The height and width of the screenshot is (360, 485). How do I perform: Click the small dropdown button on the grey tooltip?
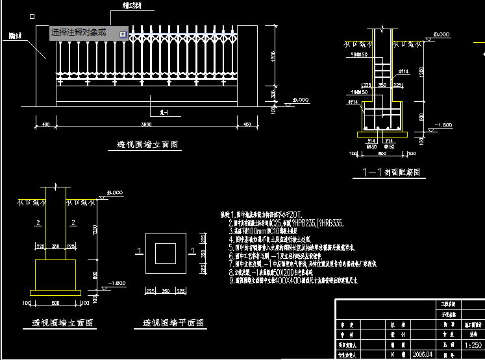point(122,32)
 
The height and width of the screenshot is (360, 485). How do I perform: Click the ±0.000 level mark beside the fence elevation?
point(301,100)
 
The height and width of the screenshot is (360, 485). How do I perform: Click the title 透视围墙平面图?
point(175,322)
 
